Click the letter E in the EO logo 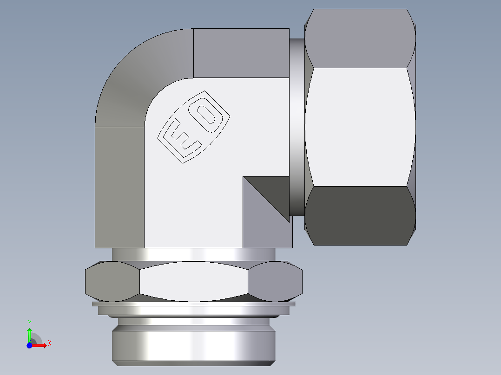click(x=182, y=136)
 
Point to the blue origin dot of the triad click(x=29, y=345)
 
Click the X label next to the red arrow click(x=49, y=343)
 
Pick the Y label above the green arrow click(x=29, y=323)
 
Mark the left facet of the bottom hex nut click(x=112, y=281)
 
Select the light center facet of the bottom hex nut click(x=194, y=281)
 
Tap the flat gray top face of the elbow click(x=241, y=52)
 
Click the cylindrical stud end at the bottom click(x=193, y=346)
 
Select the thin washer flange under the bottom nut click(x=194, y=304)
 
